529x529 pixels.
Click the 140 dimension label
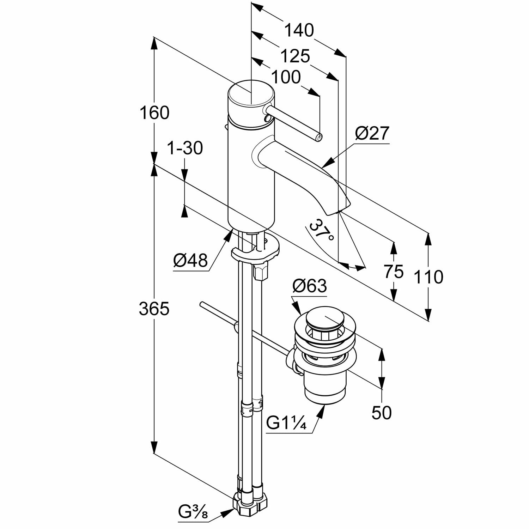299,30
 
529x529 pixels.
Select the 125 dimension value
295,56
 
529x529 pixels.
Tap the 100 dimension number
286,77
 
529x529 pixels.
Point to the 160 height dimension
154,113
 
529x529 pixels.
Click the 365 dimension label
154,309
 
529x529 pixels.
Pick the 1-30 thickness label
185,148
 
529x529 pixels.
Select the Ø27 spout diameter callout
372,134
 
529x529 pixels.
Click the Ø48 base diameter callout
190,261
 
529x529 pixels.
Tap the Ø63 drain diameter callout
309,286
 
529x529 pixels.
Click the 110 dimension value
428,277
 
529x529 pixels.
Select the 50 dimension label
382,412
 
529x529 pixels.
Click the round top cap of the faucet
250,94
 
